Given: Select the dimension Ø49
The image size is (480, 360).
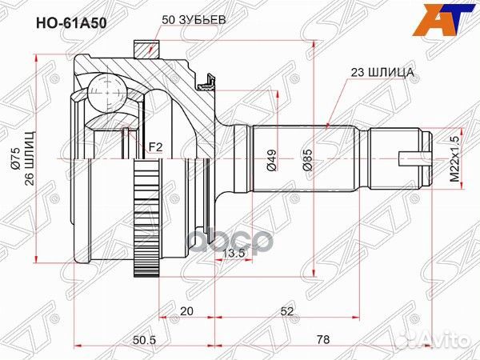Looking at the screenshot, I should pos(271,164).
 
